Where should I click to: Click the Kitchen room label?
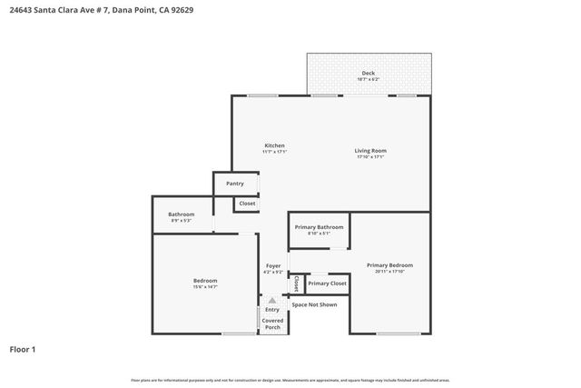[x=274, y=145]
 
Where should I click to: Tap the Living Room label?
[x=369, y=150]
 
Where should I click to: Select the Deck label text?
[x=368, y=74]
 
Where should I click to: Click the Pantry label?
[x=235, y=184]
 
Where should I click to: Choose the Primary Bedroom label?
[x=389, y=265]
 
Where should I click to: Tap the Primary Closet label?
[x=327, y=284]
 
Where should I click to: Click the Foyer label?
[x=272, y=265]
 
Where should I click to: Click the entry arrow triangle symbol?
[x=272, y=299]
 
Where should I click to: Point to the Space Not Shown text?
[x=314, y=304]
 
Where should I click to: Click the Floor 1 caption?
[x=22, y=349]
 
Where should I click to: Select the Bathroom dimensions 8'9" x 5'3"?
[x=181, y=221]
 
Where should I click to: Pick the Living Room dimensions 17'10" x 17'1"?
[x=369, y=156]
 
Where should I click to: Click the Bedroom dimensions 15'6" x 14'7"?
[x=205, y=287]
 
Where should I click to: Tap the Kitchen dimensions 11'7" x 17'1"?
[x=274, y=152]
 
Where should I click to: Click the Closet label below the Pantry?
[x=247, y=204]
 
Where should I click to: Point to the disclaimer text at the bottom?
[x=290, y=380]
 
